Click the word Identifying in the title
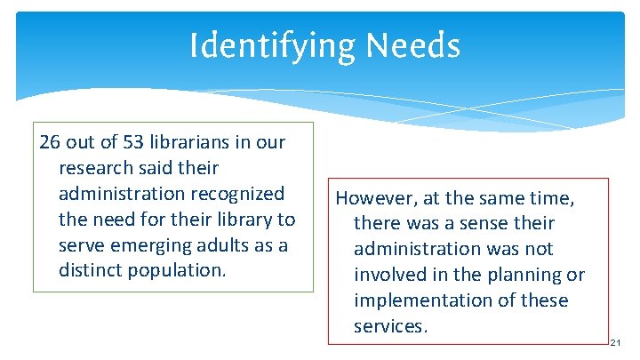[260, 45]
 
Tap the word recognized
[239, 194]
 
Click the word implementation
[423, 300]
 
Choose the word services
[390, 326]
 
